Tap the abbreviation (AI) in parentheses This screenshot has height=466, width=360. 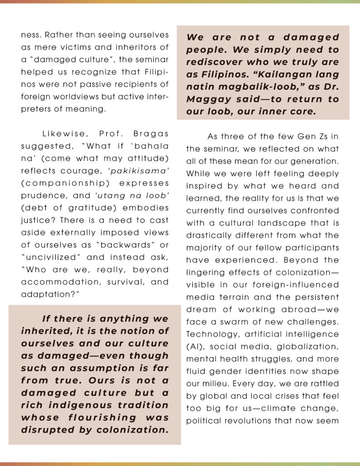point(195,346)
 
